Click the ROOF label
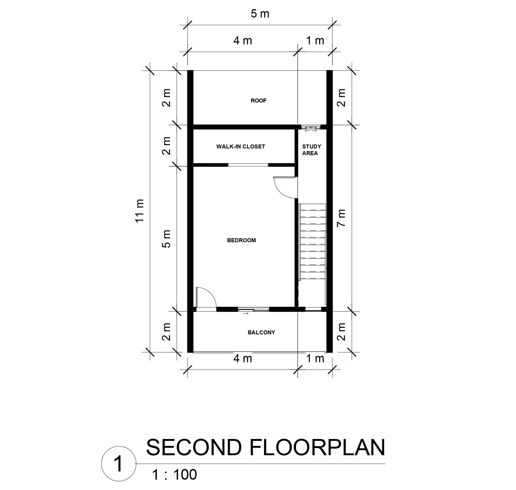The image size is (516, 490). pos(258,101)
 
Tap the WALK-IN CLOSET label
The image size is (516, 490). pos(241,147)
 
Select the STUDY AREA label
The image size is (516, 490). pos(311,150)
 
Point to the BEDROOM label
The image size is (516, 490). pos(241,240)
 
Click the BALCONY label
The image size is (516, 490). pos(261,332)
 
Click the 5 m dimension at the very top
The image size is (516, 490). pos(260,14)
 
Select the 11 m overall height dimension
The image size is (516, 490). pos(140,211)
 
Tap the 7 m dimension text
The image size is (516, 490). pos(341,218)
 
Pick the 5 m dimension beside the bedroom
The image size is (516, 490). pos(166,239)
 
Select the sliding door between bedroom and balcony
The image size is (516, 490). pos(254,309)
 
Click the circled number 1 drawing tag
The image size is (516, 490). pos(119,463)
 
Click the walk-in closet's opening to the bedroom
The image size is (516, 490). pos(248,165)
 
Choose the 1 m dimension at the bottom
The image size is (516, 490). pos(315,359)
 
